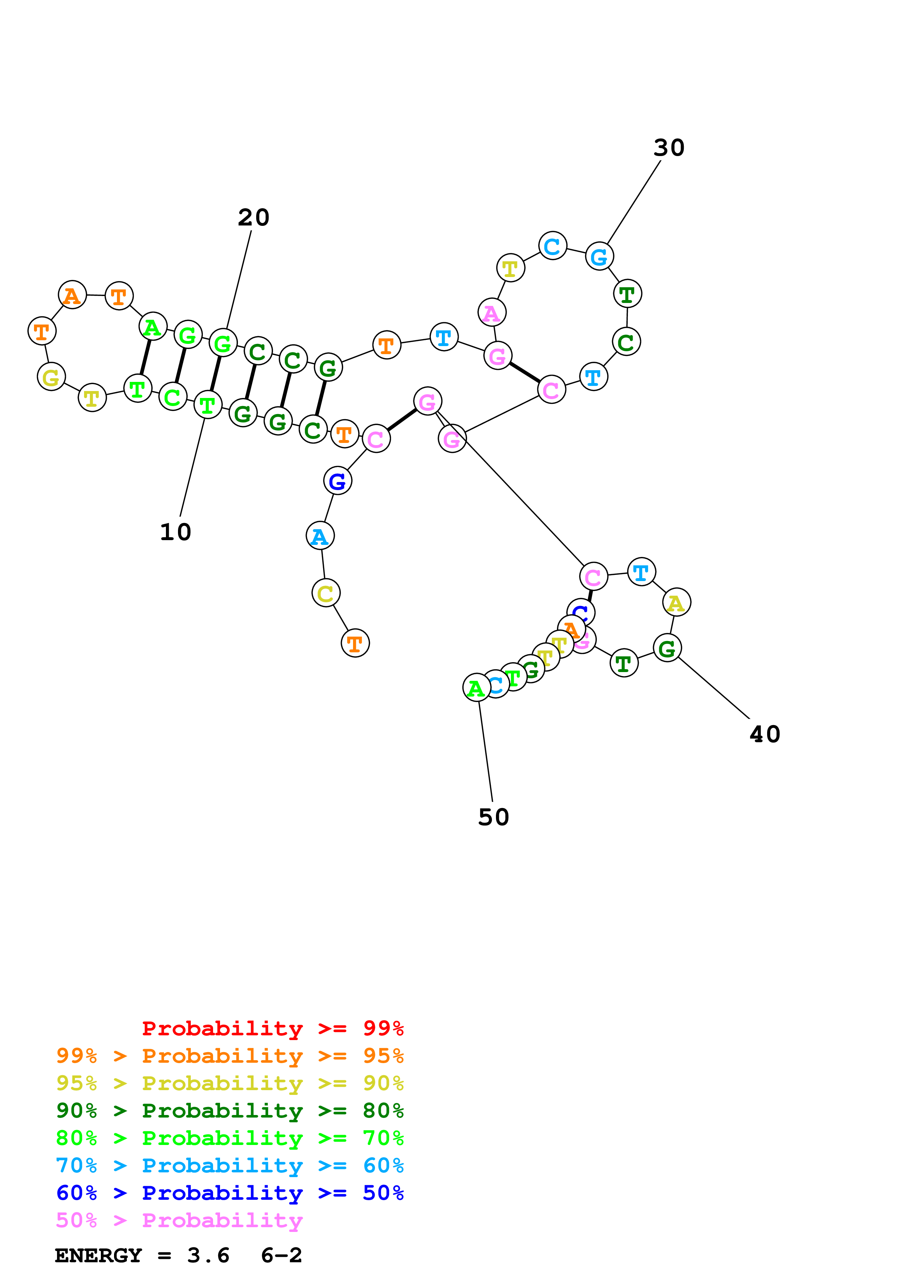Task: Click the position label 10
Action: (x=175, y=532)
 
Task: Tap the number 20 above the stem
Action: (x=253, y=218)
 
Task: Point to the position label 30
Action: (x=669, y=148)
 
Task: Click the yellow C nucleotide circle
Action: (x=326, y=593)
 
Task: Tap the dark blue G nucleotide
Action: (x=337, y=481)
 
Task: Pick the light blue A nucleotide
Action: (x=320, y=536)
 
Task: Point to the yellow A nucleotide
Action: (x=676, y=603)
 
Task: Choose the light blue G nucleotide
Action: (x=599, y=257)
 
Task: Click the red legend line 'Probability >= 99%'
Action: (x=272, y=1028)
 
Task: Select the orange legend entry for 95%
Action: (x=230, y=1056)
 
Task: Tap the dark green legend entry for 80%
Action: (x=230, y=1111)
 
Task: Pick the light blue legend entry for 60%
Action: (x=230, y=1165)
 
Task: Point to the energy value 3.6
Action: (x=208, y=1256)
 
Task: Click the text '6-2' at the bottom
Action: (x=281, y=1256)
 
